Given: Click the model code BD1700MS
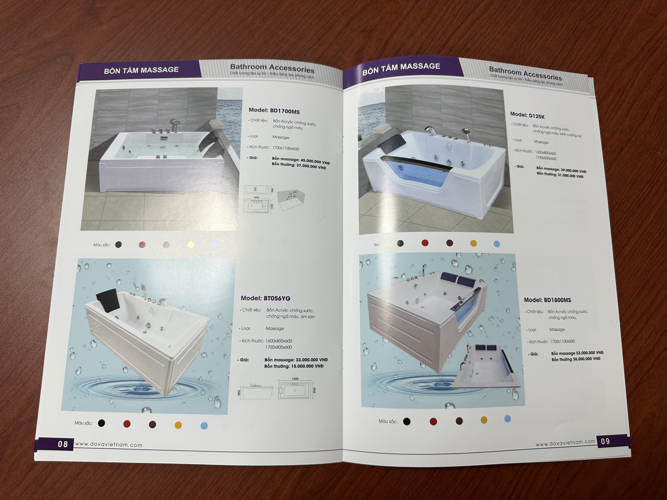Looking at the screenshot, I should click(x=285, y=111).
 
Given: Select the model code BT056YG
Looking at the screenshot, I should click(x=277, y=298).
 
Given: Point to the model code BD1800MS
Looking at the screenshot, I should click(x=557, y=300).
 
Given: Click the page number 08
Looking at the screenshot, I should click(x=63, y=444).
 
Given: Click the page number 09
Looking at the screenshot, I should click(x=605, y=441).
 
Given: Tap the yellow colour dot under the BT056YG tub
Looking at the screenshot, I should click(x=178, y=425).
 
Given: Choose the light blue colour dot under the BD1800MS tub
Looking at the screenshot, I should click(x=508, y=419).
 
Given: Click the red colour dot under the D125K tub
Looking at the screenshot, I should click(x=425, y=243).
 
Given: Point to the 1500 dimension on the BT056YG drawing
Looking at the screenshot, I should click(x=295, y=379).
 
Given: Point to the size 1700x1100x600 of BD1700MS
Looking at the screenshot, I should click(x=285, y=148).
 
